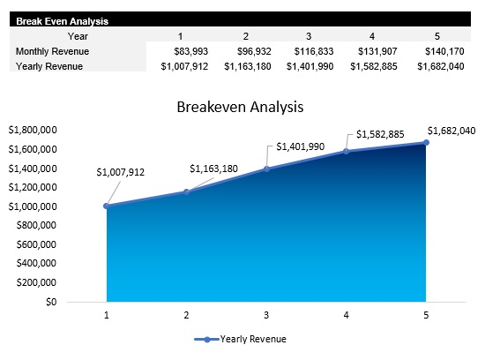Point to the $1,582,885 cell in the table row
(x=371, y=66)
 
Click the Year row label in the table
(x=77, y=36)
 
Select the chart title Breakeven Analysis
(x=240, y=108)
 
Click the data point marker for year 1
(x=107, y=206)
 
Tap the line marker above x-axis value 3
(x=266, y=169)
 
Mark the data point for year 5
(x=426, y=142)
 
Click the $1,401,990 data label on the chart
(x=301, y=147)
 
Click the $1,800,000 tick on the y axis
(x=32, y=130)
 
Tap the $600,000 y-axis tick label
(x=34, y=244)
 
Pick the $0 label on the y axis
(x=50, y=302)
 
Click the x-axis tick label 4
(x=347, y=315)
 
